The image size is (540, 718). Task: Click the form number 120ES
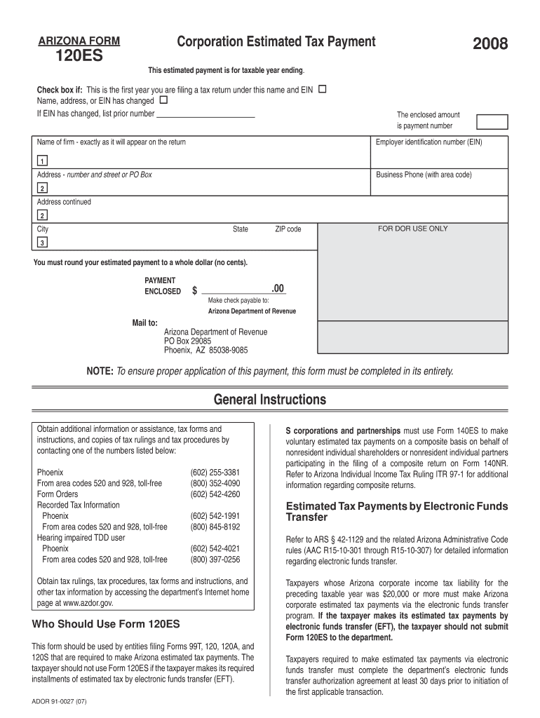point(79,56)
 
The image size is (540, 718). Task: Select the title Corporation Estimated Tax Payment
point(276,42)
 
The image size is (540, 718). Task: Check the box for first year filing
point(322,90)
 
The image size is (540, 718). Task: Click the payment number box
point(492,121)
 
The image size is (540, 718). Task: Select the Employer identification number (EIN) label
point(428,142)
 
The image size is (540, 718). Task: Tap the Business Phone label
point(424,175)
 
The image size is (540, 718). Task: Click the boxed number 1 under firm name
point(43,159)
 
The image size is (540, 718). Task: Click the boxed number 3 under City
point(43,243)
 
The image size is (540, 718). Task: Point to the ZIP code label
point(288,229)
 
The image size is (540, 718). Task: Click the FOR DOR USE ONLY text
point(412,229)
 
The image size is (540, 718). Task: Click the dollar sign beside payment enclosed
point(194,291)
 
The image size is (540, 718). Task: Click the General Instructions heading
point(270,400)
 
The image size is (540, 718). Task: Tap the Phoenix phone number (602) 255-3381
point(215,473)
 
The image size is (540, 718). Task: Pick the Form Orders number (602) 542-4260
point(215,494)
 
